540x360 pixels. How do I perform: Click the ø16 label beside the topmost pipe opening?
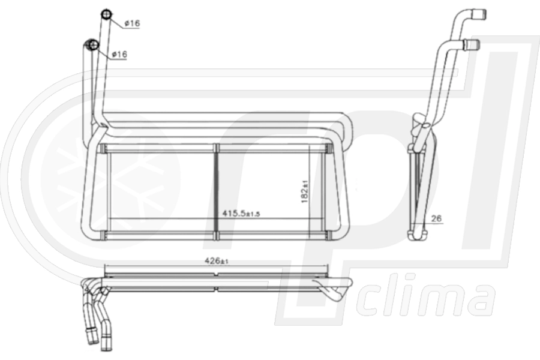click(x=132, y=23)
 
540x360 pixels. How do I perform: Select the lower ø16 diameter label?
click(x=119, y=55)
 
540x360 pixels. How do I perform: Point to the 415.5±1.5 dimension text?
click(x=241, y=213)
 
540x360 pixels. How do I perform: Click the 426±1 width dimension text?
click(x=217, y=261)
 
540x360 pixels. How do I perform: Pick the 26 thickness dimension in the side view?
click(x=436, y=219)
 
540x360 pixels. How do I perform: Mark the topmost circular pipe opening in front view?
click(x=106, y=14)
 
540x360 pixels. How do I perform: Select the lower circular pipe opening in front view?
click(x=92, y=45)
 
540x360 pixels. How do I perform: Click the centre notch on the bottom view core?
click(x=216, y=275)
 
